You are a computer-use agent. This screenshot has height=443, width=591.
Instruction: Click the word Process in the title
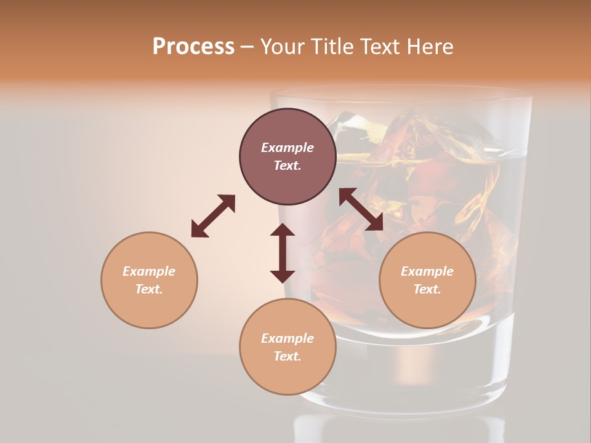tap(193, 47)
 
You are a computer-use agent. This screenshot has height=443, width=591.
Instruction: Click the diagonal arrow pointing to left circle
tap(213, 215)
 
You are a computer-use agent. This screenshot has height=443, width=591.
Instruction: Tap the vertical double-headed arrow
tap(283, 253)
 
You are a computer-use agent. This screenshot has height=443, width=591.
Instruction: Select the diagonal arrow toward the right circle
tap(361, 209)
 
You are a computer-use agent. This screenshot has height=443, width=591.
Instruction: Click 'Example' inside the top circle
tap(287, 148)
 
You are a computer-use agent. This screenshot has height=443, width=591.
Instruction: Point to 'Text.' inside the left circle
tap(149, 289)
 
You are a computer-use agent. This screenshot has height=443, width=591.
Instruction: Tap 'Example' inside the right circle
tap(427, 271)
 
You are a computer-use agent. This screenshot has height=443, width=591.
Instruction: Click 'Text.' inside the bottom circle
tap(287, 356)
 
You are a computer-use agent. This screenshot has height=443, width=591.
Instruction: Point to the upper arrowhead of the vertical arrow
tap(283, 231)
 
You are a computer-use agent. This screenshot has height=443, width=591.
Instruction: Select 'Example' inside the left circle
tap(149, 271)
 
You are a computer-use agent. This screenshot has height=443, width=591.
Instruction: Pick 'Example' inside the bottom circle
tap(287, 338)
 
